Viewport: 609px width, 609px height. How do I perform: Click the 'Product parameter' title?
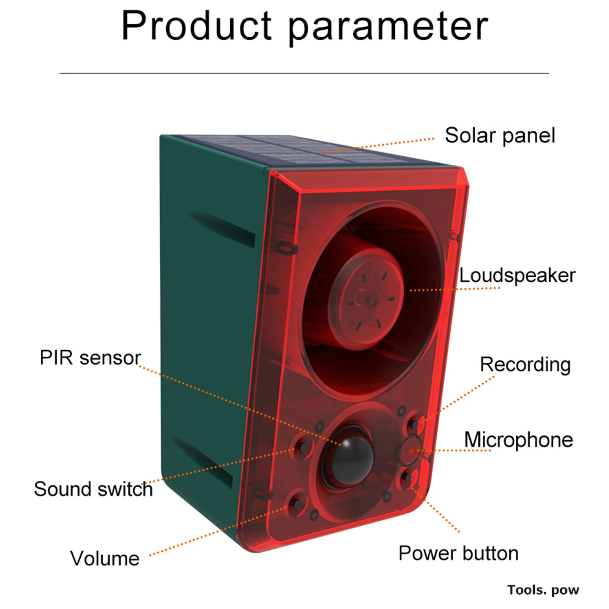304,26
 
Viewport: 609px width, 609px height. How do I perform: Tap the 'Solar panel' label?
500,136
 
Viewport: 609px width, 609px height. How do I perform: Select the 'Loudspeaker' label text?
517,276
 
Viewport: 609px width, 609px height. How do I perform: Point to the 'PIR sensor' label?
90,358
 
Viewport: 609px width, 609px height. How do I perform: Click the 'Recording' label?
525,365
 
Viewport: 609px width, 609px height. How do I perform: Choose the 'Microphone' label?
518,440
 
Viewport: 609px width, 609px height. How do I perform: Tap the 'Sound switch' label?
93,489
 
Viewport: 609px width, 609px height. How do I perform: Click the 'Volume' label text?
105,558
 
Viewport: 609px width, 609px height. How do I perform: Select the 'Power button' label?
458,553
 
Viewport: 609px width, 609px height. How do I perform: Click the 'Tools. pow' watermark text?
543,590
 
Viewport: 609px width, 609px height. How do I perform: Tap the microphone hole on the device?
411,451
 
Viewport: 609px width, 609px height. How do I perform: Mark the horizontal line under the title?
304,73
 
